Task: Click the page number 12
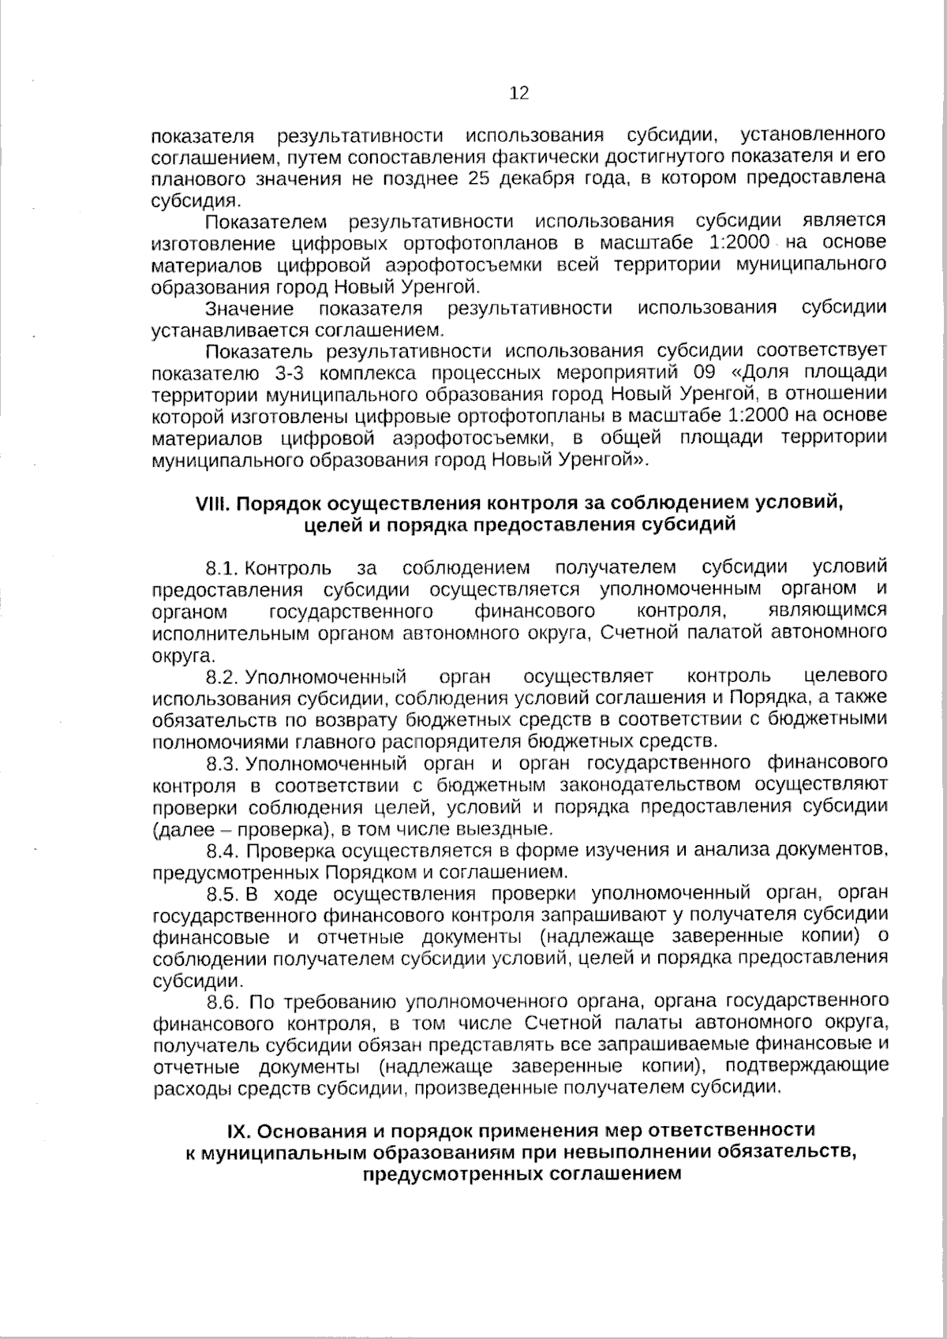pyautogui.click(x=520, y=94)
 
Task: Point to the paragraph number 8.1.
pyautogui.click(x=222, y=568)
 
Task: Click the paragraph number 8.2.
pyautogui.click(x=222, y=676)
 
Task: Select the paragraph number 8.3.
pyautogui.click(x=222, y=764)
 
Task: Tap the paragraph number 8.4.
pyautogui.click(x=222, y=851)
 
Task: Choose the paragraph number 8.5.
pyautogui.click(x=222, y=894)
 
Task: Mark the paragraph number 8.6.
pyautogui.click(x=222, y=1002)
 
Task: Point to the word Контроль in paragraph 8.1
pyautogui.click(x=288, y=568)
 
